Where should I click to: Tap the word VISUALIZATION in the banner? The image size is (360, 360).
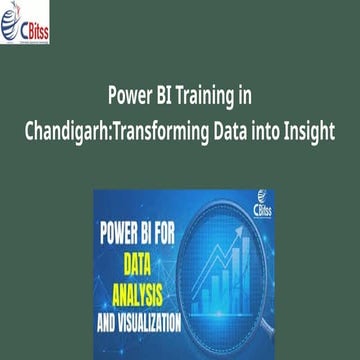tap(154, 323)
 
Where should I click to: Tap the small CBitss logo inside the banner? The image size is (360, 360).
tap(246, 204)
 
